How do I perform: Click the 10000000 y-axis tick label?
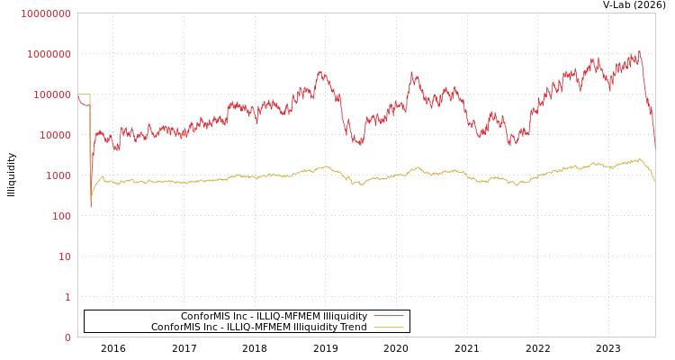(x=46, y=13)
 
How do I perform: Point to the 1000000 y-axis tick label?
(x=49, y=54)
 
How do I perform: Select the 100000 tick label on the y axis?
(x=51, y=94)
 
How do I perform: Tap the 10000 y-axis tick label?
(x=54, y=135)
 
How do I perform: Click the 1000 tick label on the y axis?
(x=57, y=175)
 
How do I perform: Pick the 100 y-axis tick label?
(x=59, y=216)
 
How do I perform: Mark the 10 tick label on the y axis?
(x=65, y=256)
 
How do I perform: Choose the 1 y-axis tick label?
(x=67, y=297)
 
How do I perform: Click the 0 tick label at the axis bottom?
(x=67, y=337)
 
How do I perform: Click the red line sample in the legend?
(x=388, y=316)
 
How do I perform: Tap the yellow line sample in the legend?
(x=388, y=327)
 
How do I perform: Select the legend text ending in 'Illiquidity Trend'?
(x=258, y=327)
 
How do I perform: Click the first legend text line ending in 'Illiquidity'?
(x=274, y=316)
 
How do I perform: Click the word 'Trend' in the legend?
(x=352, y=327)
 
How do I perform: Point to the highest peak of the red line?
(x=639, y=51)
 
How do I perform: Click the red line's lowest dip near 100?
(x=90, y=207)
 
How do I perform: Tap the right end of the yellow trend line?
(x=654, y=181)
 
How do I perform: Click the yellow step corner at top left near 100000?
(x=90, y=94)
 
